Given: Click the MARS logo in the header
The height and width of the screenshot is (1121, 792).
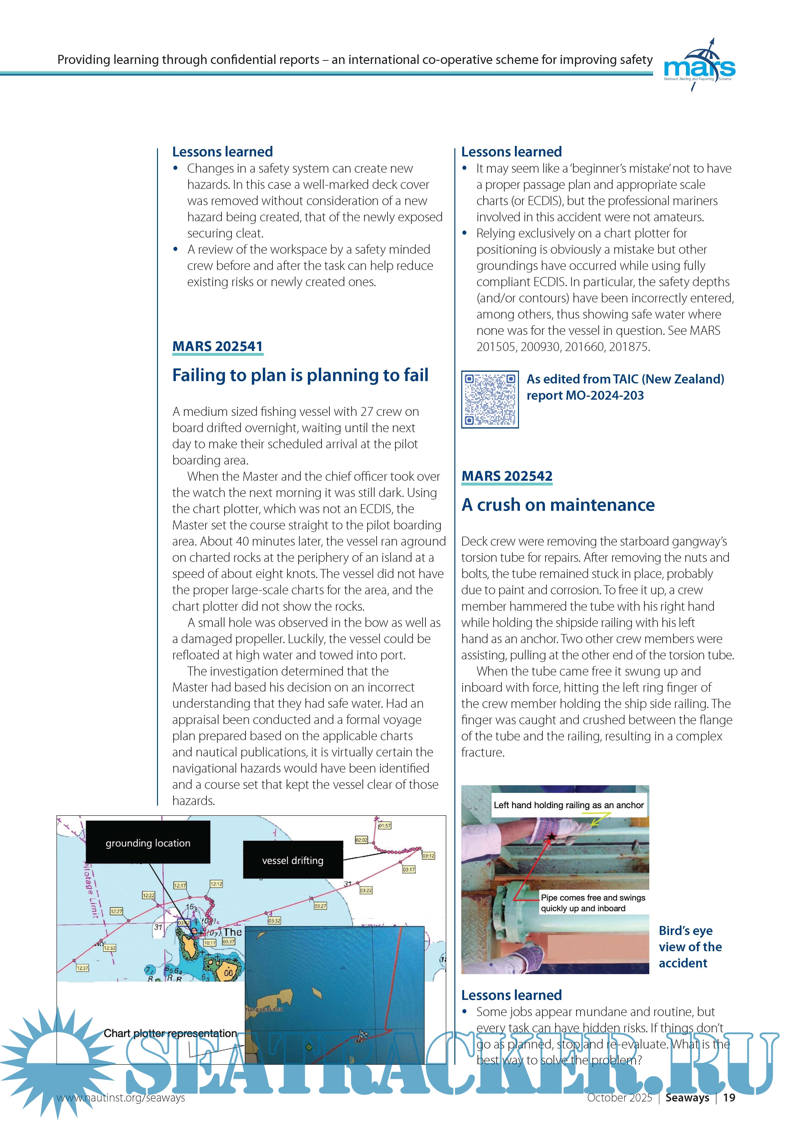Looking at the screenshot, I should (x=699, y=66).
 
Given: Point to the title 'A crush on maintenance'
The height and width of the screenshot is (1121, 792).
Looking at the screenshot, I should (x=558, y=505).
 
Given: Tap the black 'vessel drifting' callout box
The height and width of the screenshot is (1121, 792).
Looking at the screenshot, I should (x=293, y=860).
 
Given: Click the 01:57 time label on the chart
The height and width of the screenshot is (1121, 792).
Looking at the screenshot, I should (x=385, y=826).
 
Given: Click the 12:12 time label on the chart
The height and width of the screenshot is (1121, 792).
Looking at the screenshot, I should (x=216, y=884).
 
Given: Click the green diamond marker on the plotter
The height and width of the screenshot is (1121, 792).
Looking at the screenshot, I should (x=308, y=1047).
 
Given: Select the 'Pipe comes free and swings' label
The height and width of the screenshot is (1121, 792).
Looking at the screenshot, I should (x=593, y=897).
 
